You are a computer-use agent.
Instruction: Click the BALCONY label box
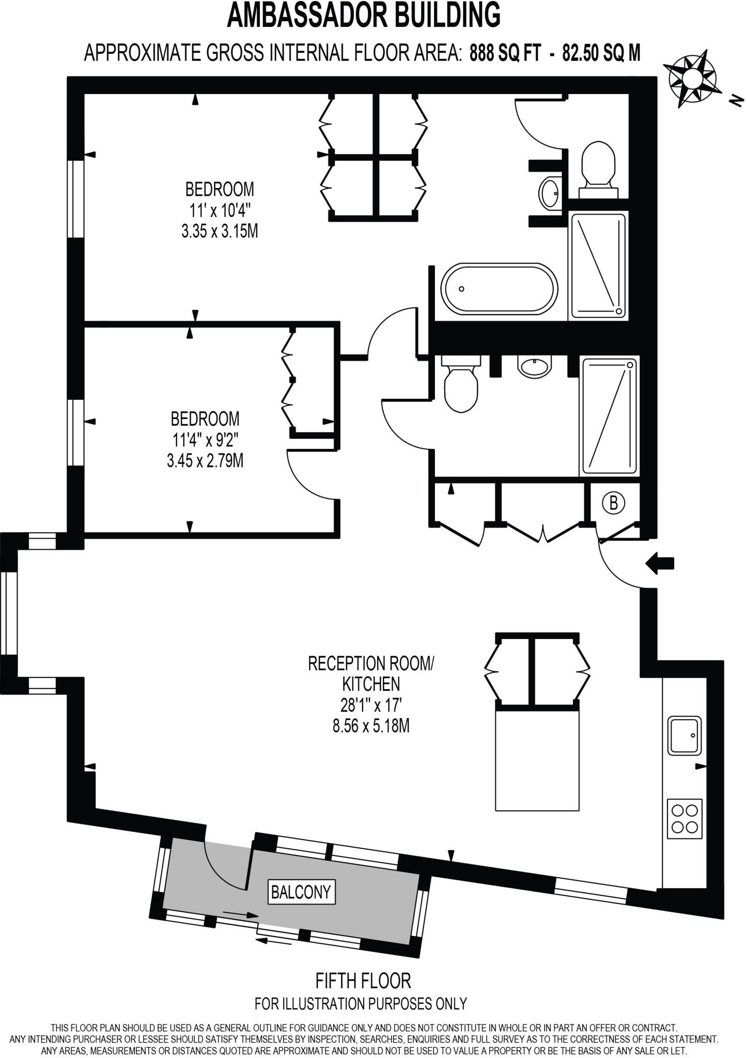[x=301, y=892]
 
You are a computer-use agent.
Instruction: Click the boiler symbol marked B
[x=614, y=502]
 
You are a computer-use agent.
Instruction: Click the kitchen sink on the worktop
[x=684, y=735]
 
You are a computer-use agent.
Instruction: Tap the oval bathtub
[x=499, y=289]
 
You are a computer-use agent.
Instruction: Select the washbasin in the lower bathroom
[x=534, y=367]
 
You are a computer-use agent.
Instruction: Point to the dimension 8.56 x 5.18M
[x=371, y=726]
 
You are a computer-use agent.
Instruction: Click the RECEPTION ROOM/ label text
[x=371, y=663]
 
